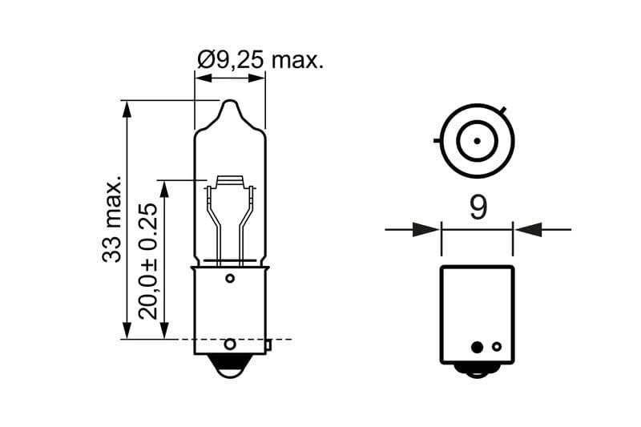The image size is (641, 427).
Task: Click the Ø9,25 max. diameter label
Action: point(260,59)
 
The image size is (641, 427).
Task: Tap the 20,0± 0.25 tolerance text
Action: point(148,259)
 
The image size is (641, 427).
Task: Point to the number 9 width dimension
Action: point(478,208)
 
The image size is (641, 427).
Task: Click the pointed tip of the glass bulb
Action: point(230,103)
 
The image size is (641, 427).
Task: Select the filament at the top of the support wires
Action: point(230,183)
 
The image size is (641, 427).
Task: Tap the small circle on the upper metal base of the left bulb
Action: point(230,278)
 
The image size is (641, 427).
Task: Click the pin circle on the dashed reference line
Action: point(230,344)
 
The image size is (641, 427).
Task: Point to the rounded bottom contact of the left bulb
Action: point(230,371)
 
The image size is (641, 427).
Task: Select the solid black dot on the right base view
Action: point(477,347)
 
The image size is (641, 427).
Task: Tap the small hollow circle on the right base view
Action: point(497,347)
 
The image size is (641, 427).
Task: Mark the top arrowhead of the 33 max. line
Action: point(126,109)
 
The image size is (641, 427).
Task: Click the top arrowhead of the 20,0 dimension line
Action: point(165,188)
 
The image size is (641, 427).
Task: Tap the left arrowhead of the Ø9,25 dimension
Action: point(204,78)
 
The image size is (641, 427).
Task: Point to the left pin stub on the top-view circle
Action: point(437,141)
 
